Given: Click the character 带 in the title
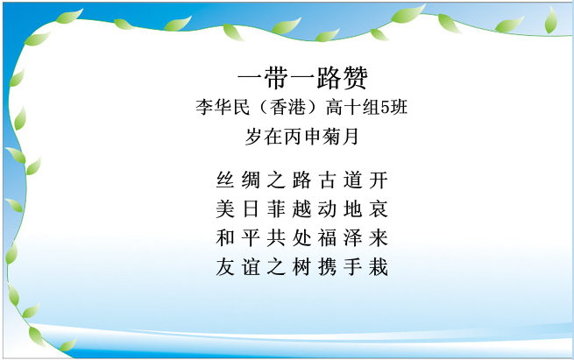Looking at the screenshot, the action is tap(276, 78).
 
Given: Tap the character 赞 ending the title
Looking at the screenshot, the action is tap(355, 78).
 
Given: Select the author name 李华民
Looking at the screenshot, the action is tap(223, 108).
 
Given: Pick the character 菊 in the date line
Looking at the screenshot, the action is tap(331, 137).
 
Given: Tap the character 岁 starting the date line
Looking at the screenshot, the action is tap(254, 137).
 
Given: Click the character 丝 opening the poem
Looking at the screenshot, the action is tap(225, 180).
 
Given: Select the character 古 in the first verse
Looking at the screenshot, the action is tap(327, 180).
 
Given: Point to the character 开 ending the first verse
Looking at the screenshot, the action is tap(379, 180).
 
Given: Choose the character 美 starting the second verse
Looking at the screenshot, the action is tap(225, 208).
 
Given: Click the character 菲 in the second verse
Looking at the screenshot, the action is tap(276, 208).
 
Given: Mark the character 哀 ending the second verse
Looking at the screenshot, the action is tap(379, 208).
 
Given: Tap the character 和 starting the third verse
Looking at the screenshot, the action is tap(225, 237).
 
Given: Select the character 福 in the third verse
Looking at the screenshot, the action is tap(327, 237).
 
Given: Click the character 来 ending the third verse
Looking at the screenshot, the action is tap(379, 237).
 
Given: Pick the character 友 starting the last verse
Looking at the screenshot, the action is tap(225, 266).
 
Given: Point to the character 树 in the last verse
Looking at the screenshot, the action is tap(301, 266).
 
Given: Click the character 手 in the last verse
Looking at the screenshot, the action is tap(352, 266).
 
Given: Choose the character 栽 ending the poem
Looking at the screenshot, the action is tap(379, 266).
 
